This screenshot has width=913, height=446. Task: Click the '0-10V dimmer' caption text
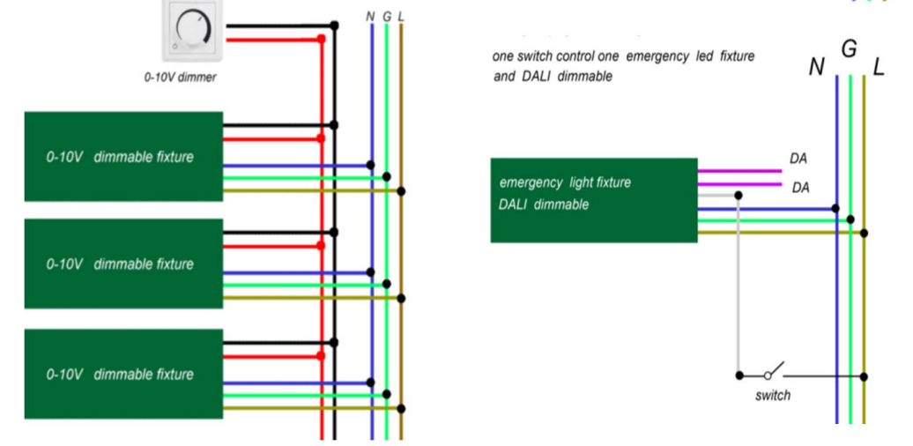click(180, 77)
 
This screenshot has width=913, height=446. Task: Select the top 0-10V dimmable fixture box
click(123, 157)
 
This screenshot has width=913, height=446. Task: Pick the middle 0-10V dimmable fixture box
click(123, 264)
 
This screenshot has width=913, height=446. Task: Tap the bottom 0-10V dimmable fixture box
click(123, 374)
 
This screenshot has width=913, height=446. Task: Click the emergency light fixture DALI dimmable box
click(594, 200)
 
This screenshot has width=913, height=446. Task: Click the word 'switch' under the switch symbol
click(773, 396)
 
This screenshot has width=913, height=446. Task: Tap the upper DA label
click(798, 159)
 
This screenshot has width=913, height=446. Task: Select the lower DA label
click(800, 188)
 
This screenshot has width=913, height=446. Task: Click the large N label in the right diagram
click(817, 68)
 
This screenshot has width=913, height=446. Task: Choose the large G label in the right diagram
click(849, 50)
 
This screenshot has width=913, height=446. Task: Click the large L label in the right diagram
click(879, 68)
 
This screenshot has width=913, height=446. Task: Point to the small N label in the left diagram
click(370, 16)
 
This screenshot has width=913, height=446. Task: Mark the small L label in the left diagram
click(401, 16)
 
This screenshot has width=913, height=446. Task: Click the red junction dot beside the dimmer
click(321, 39)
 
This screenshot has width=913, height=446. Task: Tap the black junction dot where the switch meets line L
click(864, 376)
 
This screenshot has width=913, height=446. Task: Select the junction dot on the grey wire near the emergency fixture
click(739, 195)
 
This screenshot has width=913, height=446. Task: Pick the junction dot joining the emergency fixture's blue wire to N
click(835, 208)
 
